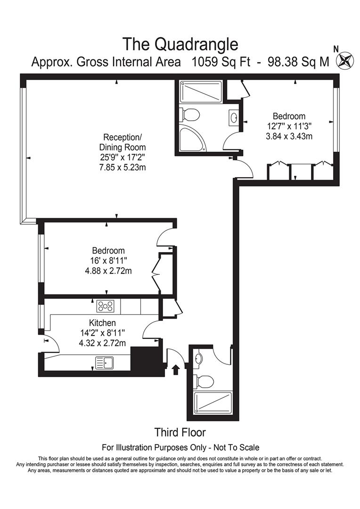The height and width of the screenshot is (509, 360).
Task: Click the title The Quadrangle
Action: point(180,44)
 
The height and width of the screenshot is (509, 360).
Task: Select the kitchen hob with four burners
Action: point(105,306)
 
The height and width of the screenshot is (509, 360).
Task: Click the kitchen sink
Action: point(104,362)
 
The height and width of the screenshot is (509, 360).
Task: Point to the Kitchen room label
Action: point(102,323)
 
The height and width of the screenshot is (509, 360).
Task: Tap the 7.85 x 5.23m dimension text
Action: point(122,168)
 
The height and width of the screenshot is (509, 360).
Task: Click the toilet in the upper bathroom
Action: point(191,115)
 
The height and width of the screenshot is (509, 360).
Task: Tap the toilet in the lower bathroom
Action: point(204,379)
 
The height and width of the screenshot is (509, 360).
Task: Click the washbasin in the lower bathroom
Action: point(199,359)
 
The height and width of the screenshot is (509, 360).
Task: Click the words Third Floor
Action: point(180,432)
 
